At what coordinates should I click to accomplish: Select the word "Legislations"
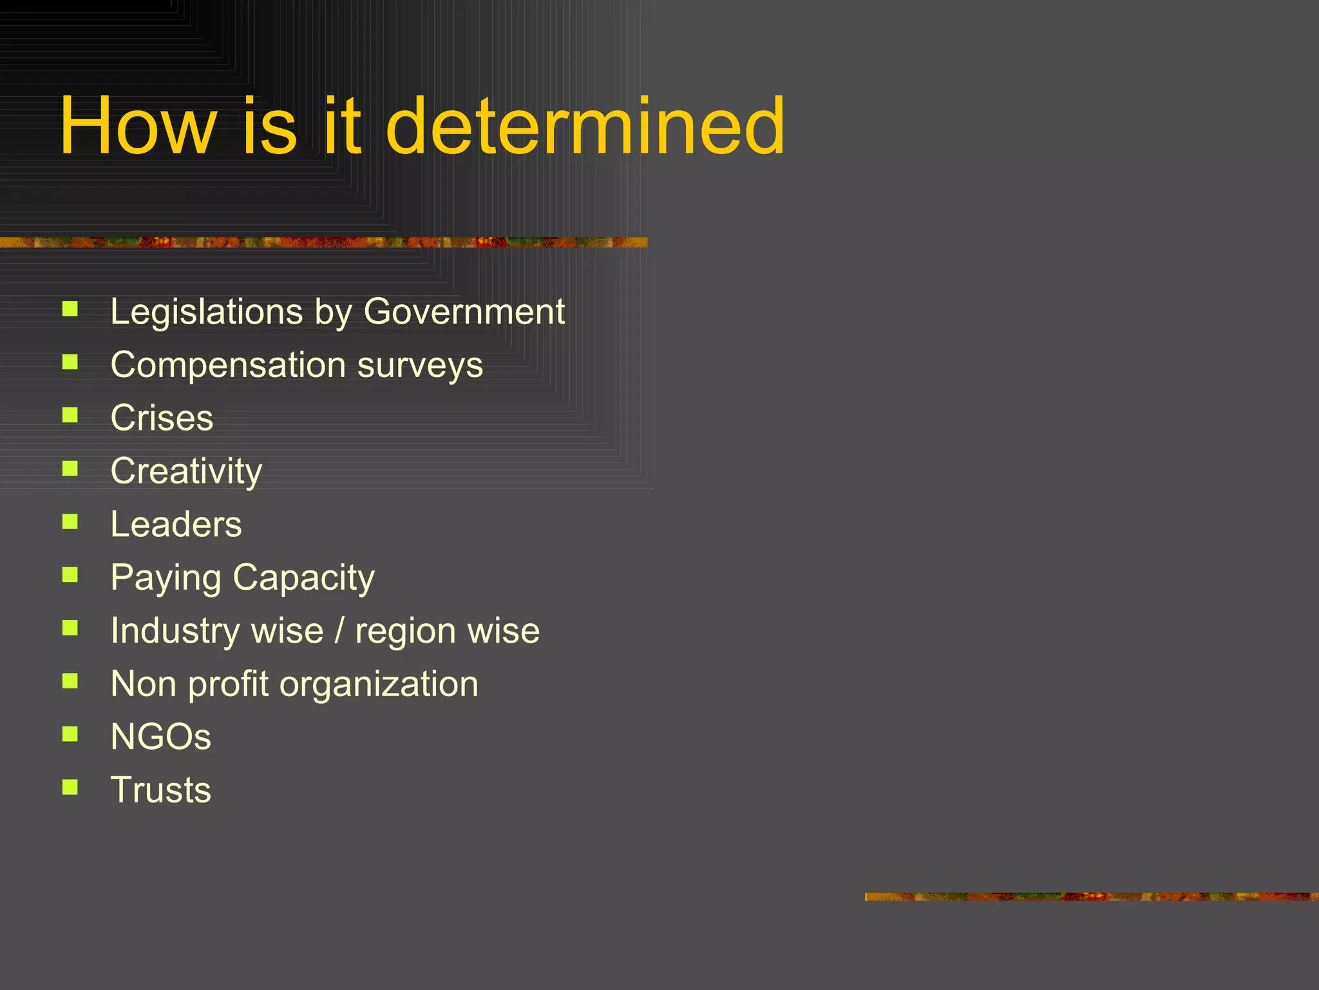pyautogui.click(x=207, y=313)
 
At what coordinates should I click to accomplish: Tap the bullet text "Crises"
pyautogui.click(x=162, y=418)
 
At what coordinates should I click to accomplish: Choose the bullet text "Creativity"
pyautogui.click(x=186, y=472)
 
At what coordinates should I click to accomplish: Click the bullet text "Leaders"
pyautogui.click(x=176, y=525)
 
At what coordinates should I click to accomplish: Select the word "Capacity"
pyautogui.click(x=303, y=578)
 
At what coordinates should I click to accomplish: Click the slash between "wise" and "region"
pyautogui.click(x=339, y=631)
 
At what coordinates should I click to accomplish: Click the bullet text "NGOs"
pyautogui.click(x=160, y=737)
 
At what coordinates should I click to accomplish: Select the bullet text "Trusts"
pyautogui.click(x=160, y=790)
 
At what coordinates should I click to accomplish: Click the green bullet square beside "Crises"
pyautogui.click(x=70, y=415)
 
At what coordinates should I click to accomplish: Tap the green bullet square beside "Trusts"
pyautogui.click(x=70, y=787)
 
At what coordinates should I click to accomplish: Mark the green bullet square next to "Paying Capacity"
pyautogui.click(x=70, y=574)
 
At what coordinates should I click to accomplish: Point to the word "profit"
pyautogui.click(x=228, y=684)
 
